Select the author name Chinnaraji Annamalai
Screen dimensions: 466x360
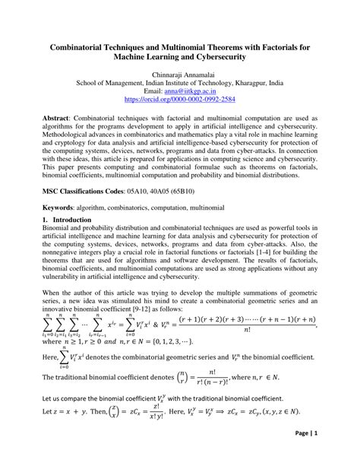tap(180, 75)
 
